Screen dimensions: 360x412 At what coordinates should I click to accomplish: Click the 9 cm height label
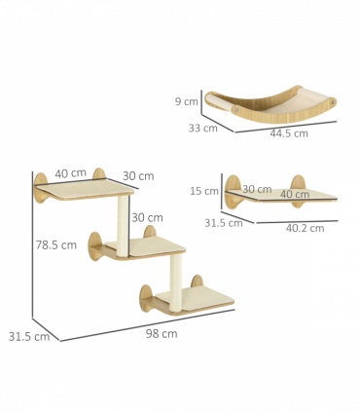point(187,101)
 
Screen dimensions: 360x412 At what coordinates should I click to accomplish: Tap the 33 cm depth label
point(203,128)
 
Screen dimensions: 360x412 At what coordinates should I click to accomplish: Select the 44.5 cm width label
point(289,133)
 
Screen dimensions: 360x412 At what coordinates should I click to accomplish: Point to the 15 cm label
point(204,191)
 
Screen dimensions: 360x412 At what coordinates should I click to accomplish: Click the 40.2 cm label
point(305,228)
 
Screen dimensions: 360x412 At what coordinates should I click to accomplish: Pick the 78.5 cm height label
point(56,244)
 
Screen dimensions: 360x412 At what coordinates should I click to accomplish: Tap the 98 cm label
point(162,333)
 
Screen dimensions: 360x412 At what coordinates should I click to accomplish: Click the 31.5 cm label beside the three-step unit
point(29,337)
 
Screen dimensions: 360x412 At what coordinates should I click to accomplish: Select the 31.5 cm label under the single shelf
point(224,223)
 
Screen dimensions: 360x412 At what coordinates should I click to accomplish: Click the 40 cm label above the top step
point(71,173)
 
